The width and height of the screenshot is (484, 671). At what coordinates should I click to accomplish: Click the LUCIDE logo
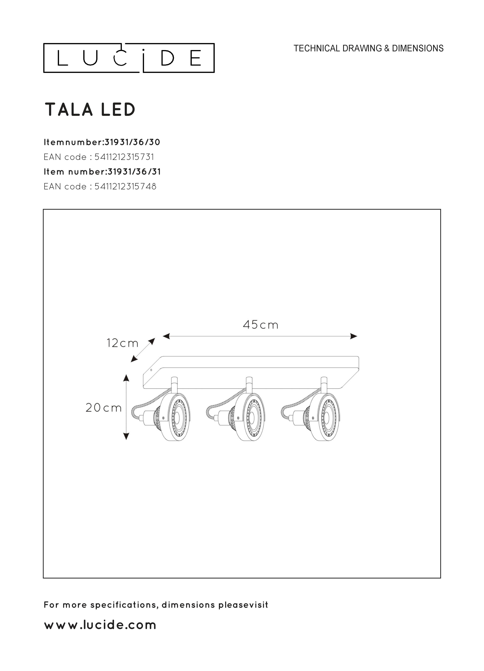point(129,58)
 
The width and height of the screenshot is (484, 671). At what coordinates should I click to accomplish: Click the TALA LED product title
point(90,110)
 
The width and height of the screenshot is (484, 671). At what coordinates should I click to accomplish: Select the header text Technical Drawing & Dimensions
point(368,48)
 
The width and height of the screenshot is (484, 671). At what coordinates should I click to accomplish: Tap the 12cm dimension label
point(122,343)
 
